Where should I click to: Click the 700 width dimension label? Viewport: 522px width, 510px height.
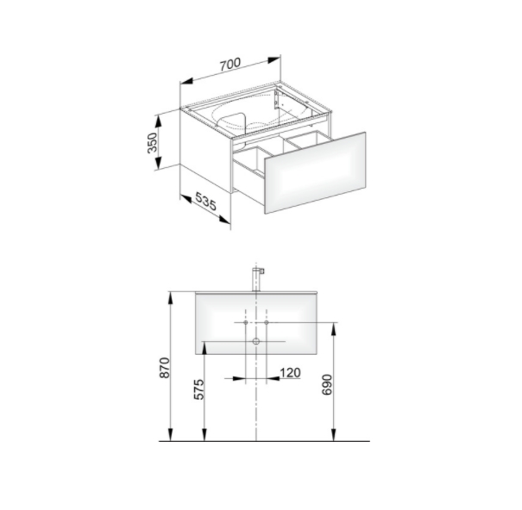pyautogui.click(x=230, y=64)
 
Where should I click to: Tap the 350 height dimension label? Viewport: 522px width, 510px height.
pyautogui.click(x=152, y=143)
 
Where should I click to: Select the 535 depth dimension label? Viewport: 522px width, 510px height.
pyautogui.click(x=205, y=201)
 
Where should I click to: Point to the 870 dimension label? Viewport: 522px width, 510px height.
pyautogui.click(x=165, y=368)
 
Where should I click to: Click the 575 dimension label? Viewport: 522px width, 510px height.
pyautogui.click(x=198, y=389)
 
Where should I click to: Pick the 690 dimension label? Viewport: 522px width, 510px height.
pyautogui.click(x=327, y=385)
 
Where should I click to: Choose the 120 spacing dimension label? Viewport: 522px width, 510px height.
pyautogui.click(x=290, y=373)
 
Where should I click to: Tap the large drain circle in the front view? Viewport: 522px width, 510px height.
pyautogui.click(x=256, y=341)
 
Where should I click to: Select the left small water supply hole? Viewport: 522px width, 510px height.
pyautogui.click(x=246, y=322)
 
